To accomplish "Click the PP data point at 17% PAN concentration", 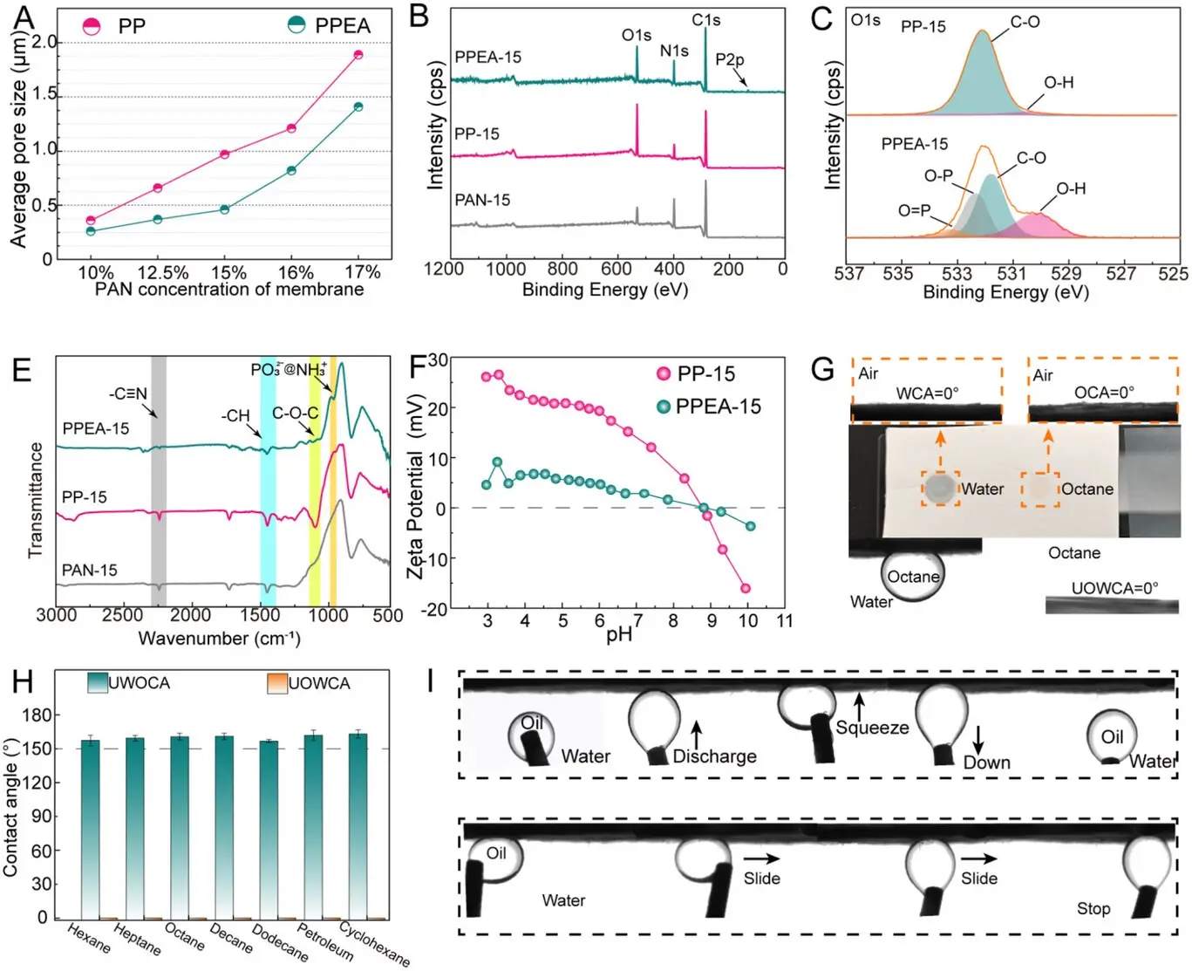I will pyautogui.click(x=358, y=55).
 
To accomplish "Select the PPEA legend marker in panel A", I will pyautogui.click(x=296, y=25).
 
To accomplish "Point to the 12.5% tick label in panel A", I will pyautogui.click(x=163, y=272).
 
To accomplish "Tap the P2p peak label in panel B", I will pyautogui.click(x=729, y=59).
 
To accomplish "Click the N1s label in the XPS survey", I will pyautogui.click(x=674, y=51).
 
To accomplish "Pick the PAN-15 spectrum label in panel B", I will pyautogui.click(x=482, y=200).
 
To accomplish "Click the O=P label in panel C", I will pyautogui.click(x=914, y=210).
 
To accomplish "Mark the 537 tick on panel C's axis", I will pyautogui.click(x=849, y=274).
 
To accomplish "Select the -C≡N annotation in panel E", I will pyautogui.click(x=128, y=393).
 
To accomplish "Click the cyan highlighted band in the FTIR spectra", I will pyautogui.click(x=268, y=480).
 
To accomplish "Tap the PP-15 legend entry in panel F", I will pyautogui.click(x=705, y=373).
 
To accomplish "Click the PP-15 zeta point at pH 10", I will pyautogui.click(x=746, y=589).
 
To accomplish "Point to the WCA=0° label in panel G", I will pyautogui.click(x=927, y=393).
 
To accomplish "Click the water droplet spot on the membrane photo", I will pyautogui.click(x=940, y=489).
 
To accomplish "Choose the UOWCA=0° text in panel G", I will pyautogui.click(x=1114, y=588).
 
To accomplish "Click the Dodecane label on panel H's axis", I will pyautogui.click(x=280, y=943).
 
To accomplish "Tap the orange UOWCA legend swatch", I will pyautogui.click(x=276, y=683).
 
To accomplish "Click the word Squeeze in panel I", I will pyautogui.click(x=872, y=728).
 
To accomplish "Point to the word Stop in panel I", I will pyautogui.click(x=1093, y=908).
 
